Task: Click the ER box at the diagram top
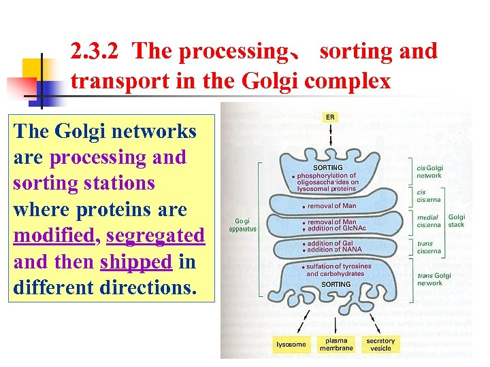(x=330, y=118)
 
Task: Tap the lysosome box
(x=291, y=344)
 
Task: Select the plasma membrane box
(x=336, y=344)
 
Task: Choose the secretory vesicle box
(x=380, y=344)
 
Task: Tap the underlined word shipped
(x=135, y=262)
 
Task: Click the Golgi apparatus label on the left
(x=242, y=225)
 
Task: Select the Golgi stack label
(x=457, y=221)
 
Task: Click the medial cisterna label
(x=429, y=221)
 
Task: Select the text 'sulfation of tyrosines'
(x=339, y=266)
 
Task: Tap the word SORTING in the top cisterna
(x=327, y=167)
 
